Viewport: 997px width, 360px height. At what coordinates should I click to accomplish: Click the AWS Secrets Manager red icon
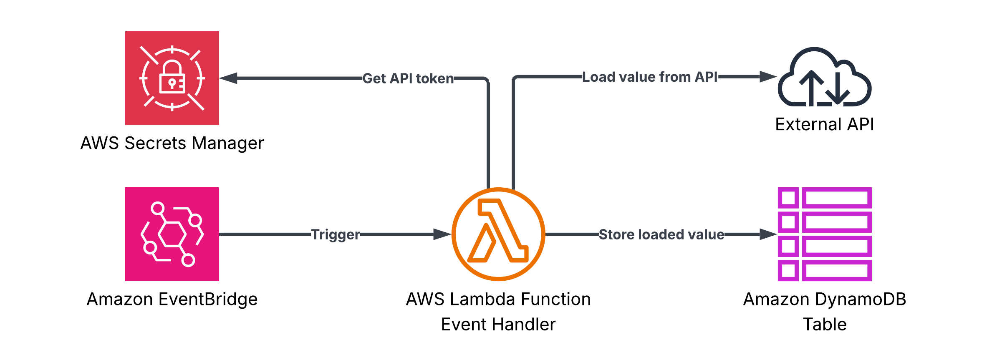click(x=172, y=78)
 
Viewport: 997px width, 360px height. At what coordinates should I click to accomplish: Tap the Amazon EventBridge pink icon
click(x=172, y=234)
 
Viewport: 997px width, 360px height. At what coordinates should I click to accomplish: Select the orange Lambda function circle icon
click(x=498, y=234)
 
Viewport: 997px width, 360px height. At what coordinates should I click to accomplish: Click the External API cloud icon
click(x=824, y=78)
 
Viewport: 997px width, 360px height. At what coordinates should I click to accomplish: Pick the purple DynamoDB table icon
click(x=825, y=234)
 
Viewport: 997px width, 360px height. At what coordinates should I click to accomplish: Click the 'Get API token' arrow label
click(x=408, y=78)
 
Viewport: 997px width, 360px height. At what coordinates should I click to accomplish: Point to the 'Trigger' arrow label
click(x=335, y=234)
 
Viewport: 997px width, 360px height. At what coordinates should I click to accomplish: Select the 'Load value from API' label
click(x=650, y=77)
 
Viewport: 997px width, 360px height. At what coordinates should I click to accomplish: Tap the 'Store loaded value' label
click(x=661, y=234)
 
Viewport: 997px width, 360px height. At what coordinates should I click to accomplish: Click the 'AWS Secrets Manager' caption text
click(x=172, y=143)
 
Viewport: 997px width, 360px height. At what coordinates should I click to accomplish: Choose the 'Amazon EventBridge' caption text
click(x=172, y=299)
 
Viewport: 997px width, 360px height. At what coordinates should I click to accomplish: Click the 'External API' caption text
click(x=824, y=124)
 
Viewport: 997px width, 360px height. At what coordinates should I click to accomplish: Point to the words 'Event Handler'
click(x=498, y=324)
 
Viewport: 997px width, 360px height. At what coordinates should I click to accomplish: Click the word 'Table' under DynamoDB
click(x=825, y=324)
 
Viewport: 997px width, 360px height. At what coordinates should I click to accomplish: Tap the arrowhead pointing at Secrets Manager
click(x=229, y=78)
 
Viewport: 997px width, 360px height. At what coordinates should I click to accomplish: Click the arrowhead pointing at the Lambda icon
click(x=442, y=234)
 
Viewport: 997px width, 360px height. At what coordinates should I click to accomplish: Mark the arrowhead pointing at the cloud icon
click(x=768, y=77)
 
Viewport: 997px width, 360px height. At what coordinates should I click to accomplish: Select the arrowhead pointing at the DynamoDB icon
click(x=768, y=234)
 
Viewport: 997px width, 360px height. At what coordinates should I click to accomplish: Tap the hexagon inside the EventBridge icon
click(x=172, y=234)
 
